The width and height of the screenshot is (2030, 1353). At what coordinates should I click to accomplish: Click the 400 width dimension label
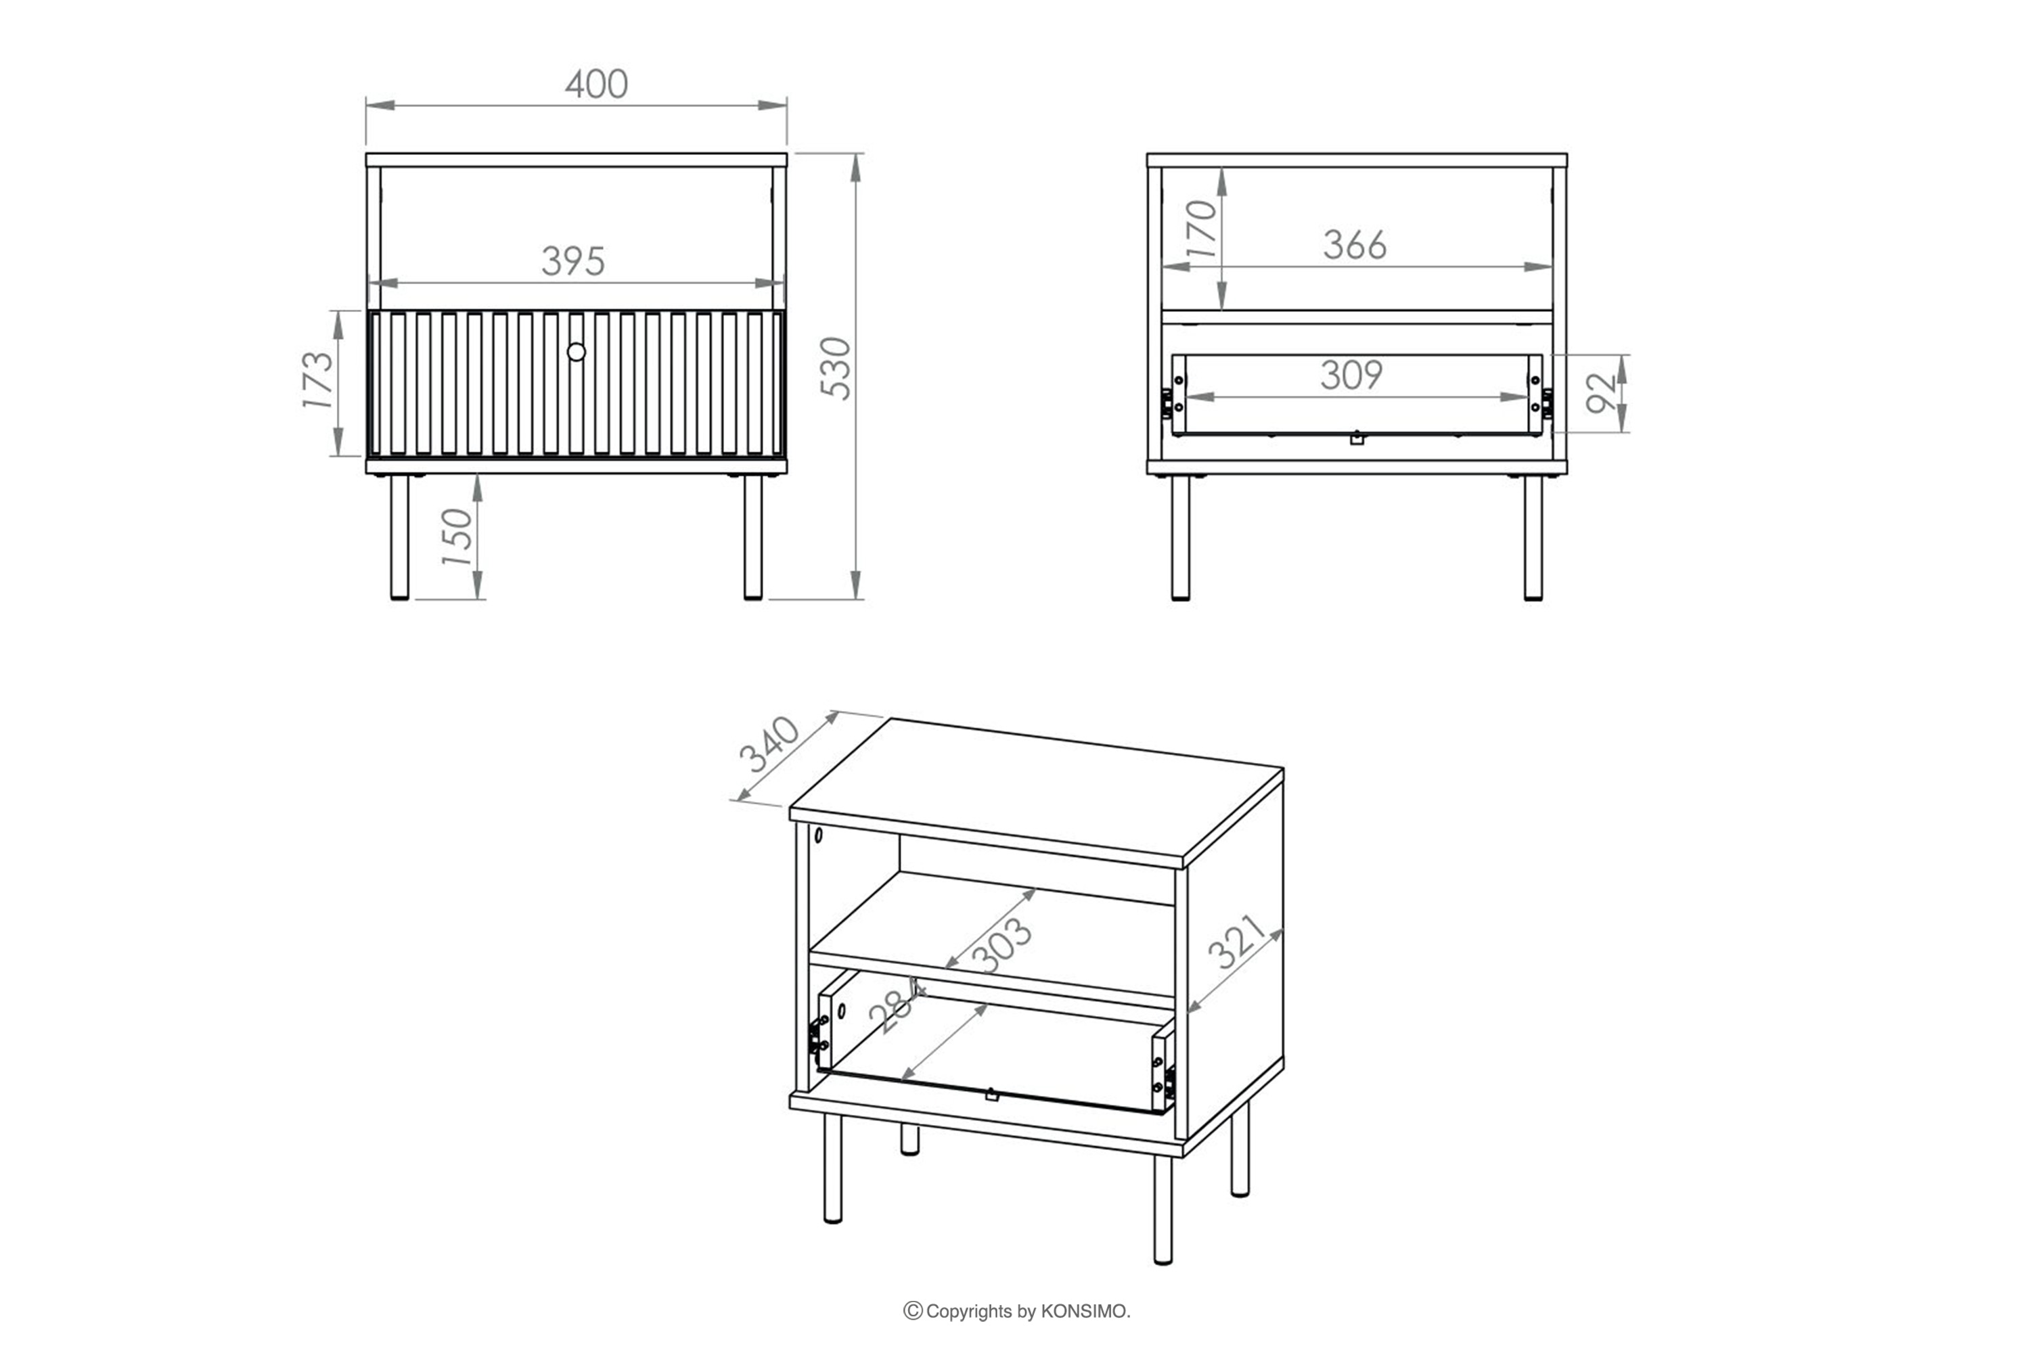(x=596, y=84)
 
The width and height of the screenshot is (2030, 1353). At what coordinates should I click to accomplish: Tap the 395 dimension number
(x=574, y=261)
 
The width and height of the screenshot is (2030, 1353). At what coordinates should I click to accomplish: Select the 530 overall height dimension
(x=836, y=369)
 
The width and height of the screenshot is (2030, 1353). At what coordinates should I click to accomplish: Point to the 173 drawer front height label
(x=317, y=380)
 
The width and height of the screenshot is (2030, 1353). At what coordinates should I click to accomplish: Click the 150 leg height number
(x=457, y=536)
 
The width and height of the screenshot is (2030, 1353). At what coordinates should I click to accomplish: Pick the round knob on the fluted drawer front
(x=577, y=352)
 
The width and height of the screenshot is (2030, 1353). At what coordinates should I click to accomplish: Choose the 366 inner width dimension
(x=1355, y=245)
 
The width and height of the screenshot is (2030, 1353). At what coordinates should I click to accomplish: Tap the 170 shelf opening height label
(x=1200, y=229)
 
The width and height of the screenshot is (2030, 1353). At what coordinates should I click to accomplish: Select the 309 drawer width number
(x=1351, y=375)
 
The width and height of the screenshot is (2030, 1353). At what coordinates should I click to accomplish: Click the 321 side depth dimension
(x=1237, y=942)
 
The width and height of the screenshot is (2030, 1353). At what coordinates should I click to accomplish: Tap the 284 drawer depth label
(x=898, y=1006)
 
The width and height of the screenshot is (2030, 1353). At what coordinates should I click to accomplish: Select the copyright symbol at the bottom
(x=912, y=1311)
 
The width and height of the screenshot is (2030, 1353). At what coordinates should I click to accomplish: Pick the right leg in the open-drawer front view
(x=1533, y=536)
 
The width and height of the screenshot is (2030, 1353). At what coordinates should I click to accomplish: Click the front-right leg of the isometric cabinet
(x=1163, y=1209)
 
